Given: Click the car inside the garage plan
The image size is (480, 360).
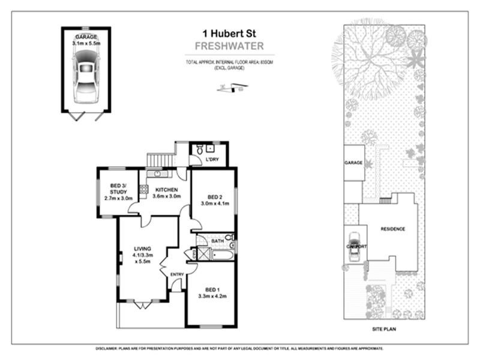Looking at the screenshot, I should pyautogui.click(x=86, y=76).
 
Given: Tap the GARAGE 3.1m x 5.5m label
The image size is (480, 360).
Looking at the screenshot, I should pyautogui.click(x=86, y=40).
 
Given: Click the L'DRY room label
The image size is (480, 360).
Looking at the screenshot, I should pyautogui.click(x=211, y=159).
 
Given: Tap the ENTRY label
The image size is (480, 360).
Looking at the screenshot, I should pyautogui.click(x=177, y=275).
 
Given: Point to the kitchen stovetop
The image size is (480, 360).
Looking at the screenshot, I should pyautogui.click(x=143, y=190).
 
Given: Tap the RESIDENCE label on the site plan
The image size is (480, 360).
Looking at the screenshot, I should pyautogui.click(x=393, y=229).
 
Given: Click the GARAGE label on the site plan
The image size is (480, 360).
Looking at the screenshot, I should pyautogui.click(x=353, y=163).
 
